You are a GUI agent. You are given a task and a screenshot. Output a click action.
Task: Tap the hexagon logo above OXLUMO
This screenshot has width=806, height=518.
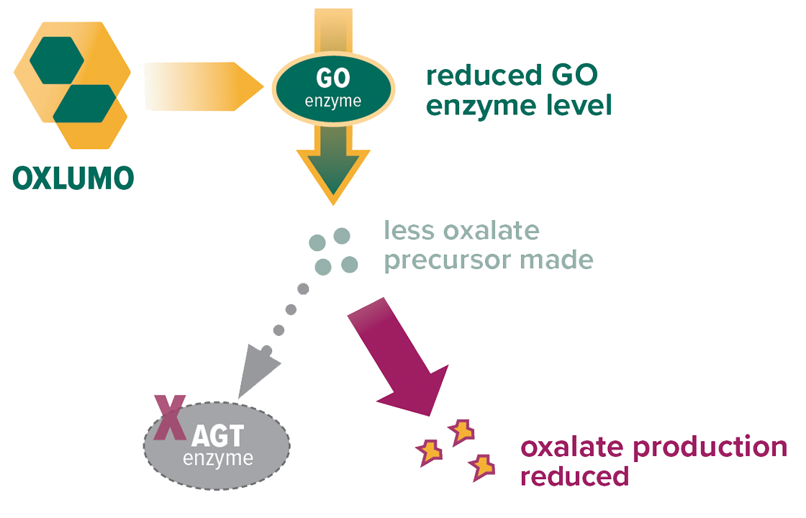(72, 84)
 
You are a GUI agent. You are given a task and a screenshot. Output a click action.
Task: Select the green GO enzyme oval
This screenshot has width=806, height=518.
(332, 90)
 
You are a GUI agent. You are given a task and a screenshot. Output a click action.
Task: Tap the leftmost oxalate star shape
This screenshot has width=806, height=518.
(429, 453)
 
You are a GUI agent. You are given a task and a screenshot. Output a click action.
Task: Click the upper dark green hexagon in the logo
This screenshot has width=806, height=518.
(53, 60)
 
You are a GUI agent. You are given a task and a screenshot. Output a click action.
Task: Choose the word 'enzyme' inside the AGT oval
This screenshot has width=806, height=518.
(218, 458)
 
